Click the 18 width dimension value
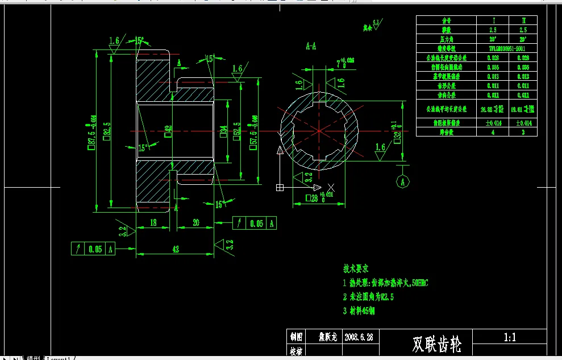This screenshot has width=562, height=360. (x=153, y=223)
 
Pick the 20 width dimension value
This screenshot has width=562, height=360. (x=195, y=223)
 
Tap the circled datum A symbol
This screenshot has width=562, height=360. (x=403, y=182)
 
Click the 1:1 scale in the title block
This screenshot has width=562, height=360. (x=510, y=337)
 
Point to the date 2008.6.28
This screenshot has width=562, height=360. (x=359, y=337)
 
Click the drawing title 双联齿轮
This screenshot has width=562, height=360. (x=436, y=344)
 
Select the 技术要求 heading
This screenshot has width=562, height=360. (x=356, y=268)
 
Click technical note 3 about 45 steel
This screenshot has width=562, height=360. (x=359, y=311)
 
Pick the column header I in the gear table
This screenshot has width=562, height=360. (x=493, y=20)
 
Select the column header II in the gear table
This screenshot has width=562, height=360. (x=523, y=20)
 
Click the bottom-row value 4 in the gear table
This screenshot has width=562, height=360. (x=493, y=132)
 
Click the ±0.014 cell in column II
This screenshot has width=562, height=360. (x=523, y=123)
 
